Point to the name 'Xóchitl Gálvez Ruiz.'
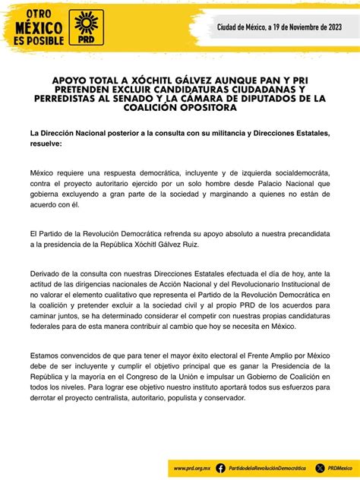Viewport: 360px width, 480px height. click(x=185, y=245)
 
